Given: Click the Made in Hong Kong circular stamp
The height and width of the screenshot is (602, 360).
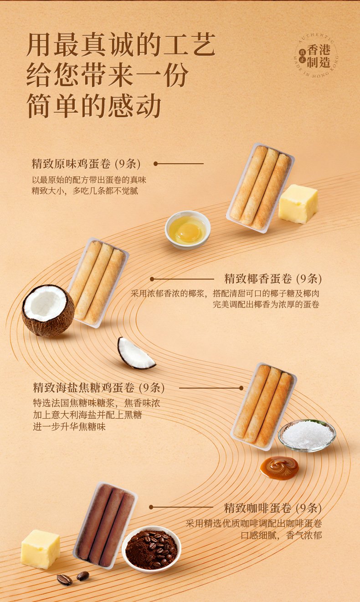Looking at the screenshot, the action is click(x=316, y=56).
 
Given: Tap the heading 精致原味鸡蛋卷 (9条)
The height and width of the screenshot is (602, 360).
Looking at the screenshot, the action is click(x=86, y=164).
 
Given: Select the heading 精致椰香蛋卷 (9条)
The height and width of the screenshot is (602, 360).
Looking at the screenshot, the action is click(x=273, y=279).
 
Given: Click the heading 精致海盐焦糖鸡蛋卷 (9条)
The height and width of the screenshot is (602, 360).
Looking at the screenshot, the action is click(x=99, y=388).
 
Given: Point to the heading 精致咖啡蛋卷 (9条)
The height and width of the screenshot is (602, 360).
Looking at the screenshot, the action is click(x=273, y=508).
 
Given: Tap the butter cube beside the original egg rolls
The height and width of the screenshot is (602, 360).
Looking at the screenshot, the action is click(x=298, y=204).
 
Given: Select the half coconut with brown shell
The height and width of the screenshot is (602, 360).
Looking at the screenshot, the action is click(x=48, y=311).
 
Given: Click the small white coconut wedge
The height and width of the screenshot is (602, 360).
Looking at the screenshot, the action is click(x=136, y=353).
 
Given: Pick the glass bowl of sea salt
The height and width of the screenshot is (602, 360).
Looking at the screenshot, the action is click(x=307, y=436).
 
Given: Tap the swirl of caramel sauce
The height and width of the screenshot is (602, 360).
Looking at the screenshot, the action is click(x=279, y=468).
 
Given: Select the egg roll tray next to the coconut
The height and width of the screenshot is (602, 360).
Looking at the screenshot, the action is click(x=98, y=282).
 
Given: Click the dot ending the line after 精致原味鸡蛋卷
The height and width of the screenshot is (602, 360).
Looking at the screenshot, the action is click(x=155, y=164).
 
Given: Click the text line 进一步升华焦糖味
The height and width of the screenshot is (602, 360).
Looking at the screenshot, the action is click(x=69, y=427).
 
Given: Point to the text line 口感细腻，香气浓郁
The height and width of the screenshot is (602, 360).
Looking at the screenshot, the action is click(x=281, y=535).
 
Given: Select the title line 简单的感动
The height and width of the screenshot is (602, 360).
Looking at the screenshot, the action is click(x=94, y=106).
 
